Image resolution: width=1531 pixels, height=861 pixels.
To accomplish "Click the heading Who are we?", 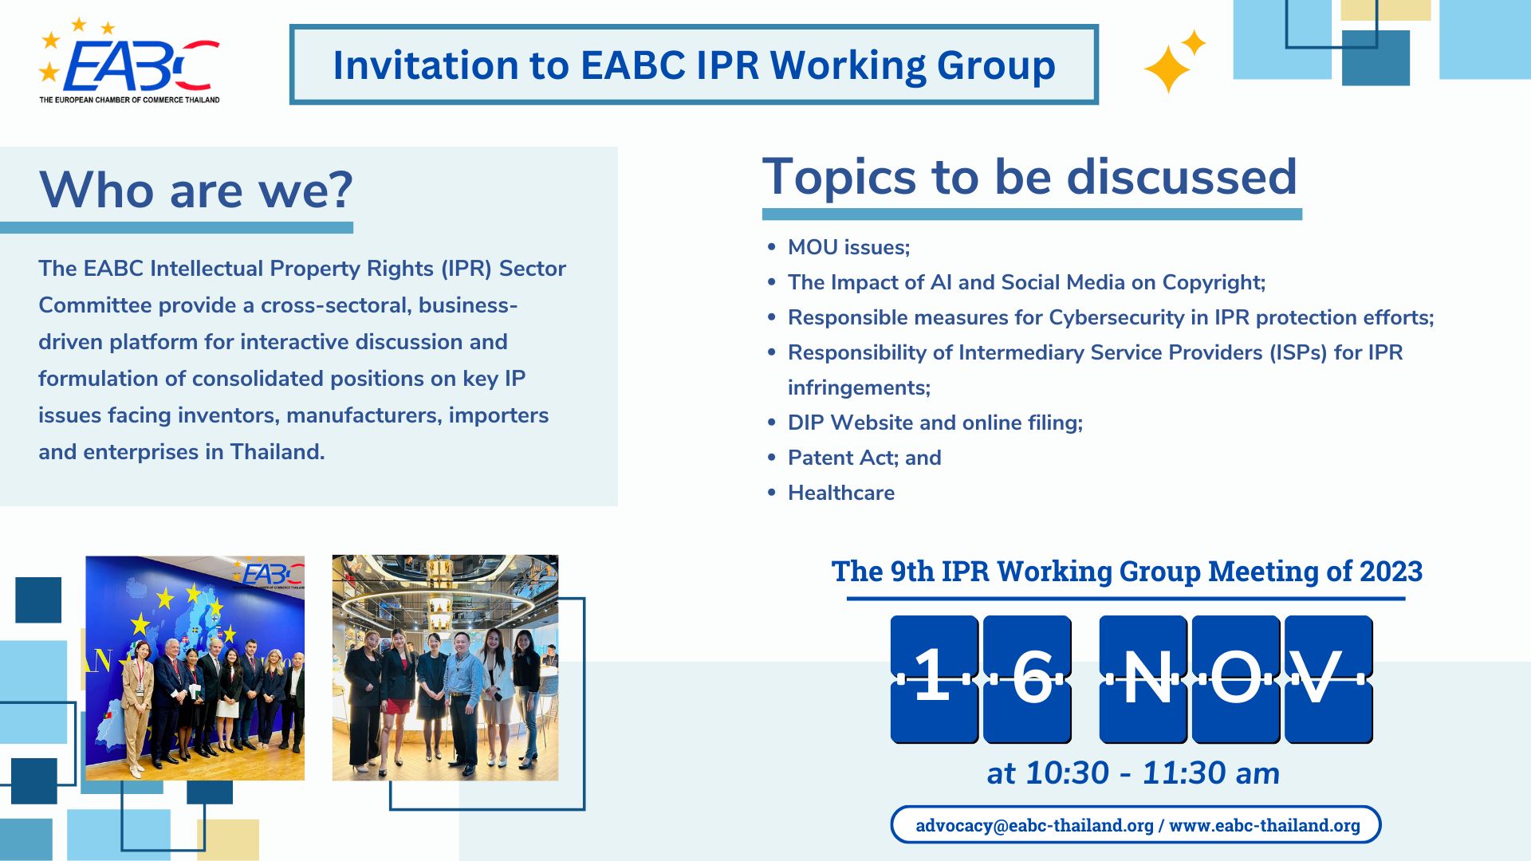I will tap(195, 191).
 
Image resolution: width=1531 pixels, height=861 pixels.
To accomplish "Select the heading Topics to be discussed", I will tap(1029, 176).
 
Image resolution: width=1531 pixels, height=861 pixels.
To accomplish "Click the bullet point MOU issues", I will tap(848, 247).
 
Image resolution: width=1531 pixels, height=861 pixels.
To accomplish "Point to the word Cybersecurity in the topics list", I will tap(1116, 317).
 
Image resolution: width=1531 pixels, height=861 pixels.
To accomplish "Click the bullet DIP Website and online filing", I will tap(935, 423).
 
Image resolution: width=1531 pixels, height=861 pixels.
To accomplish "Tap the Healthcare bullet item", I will tap(840, 493).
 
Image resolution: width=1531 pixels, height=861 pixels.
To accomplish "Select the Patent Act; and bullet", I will tap(864, 458).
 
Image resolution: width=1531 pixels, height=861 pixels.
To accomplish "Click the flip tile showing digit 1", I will tap(934, 678).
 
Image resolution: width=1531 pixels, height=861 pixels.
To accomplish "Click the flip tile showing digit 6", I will tap(1027, 678).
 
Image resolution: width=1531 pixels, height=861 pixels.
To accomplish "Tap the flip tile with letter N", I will tap(1143, 678).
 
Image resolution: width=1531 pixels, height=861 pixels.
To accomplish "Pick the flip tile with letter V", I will tap(1328, 678).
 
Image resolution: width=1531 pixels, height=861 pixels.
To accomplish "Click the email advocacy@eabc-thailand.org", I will tap(1033, 825).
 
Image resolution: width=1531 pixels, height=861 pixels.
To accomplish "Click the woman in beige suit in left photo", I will tap(138, 702).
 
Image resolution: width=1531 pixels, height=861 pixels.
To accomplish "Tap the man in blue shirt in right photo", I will tap(463, 694).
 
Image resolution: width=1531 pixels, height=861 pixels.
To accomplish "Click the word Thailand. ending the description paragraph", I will tap(277, 452).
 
